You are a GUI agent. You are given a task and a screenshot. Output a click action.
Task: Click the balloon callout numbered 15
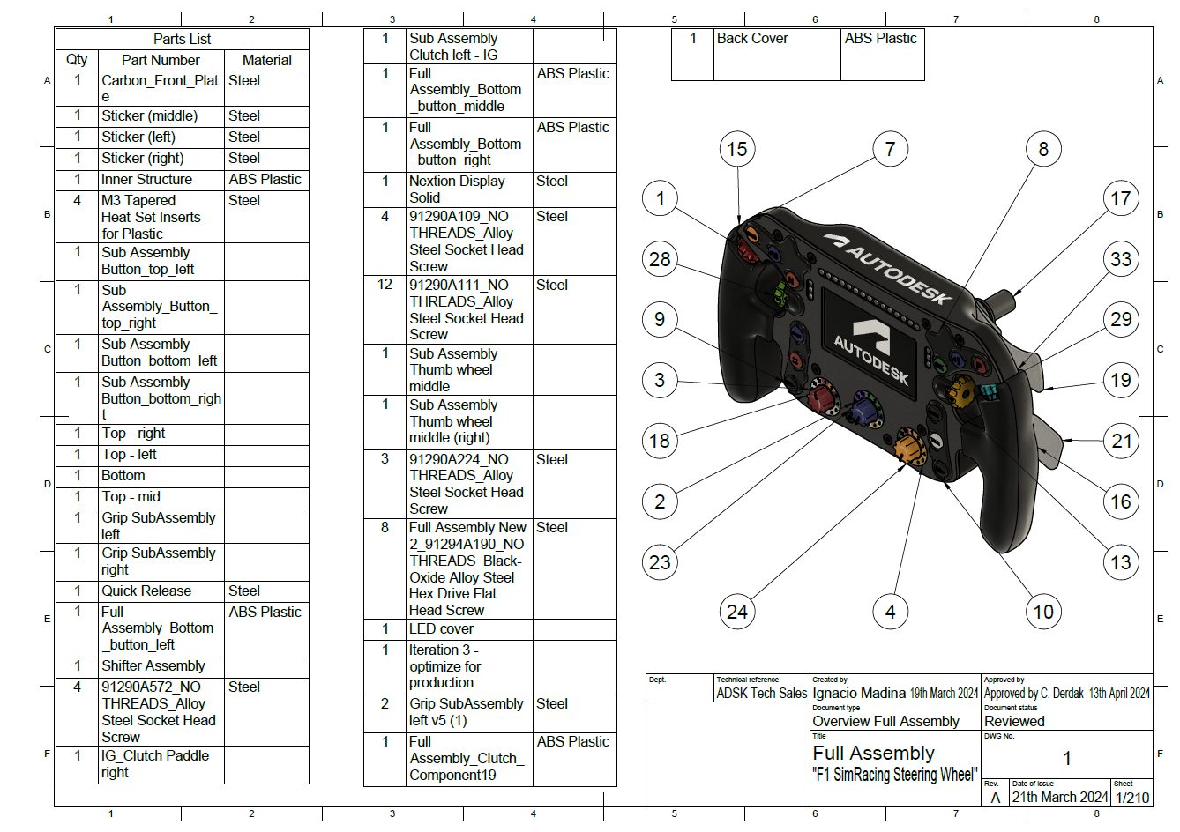coord(736,150)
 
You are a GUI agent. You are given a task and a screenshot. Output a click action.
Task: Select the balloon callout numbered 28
coord(660,259)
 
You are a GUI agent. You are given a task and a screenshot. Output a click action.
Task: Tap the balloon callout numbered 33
coord(1120,259)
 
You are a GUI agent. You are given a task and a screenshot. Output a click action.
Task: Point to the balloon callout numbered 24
coord(736,611)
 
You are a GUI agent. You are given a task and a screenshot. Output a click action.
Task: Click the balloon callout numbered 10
coord(1042,611)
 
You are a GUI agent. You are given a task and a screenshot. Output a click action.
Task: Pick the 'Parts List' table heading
coord(182,39)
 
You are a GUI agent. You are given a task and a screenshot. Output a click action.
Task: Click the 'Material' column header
coord(266,60)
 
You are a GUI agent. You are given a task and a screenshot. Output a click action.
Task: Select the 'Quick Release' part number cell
coord(146,591)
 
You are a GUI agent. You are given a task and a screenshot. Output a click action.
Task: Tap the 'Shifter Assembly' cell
coord(153,665)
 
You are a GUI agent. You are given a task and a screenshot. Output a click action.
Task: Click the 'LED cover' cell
coord(441,628)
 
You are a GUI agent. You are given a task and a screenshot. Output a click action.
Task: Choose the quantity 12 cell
coord(385,285)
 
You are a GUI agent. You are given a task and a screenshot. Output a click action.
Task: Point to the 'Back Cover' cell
coord(752,39)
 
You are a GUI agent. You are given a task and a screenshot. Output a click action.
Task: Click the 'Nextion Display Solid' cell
coord(457,189)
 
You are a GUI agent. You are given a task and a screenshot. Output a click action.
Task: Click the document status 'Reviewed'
coord(1014,721)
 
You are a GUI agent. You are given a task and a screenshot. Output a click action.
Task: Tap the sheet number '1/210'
coord(1131,797)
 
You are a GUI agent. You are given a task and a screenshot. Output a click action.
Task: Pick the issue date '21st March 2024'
coord(1059,797)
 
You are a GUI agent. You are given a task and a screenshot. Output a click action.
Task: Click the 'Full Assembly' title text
coord(873,754)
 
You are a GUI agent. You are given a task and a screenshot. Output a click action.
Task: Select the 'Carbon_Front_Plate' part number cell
coord(160,88)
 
